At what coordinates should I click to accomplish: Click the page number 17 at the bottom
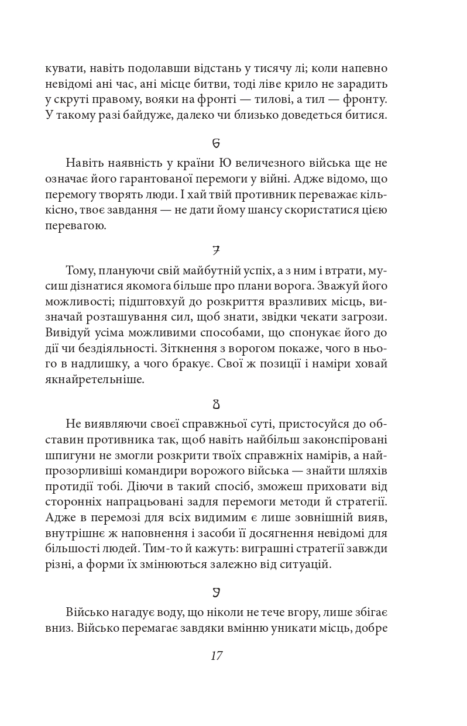pyautogui.click(x=216, y=655)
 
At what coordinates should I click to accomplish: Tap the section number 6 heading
pyautogui.click(x=216, y=143)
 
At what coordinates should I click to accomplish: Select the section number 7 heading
pyautogui.click(x=216, y=251)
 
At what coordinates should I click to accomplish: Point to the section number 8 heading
pyautogui.click(x=216, y=404)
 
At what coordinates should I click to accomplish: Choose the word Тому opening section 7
pyautogui.click(x=80, y=271)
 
